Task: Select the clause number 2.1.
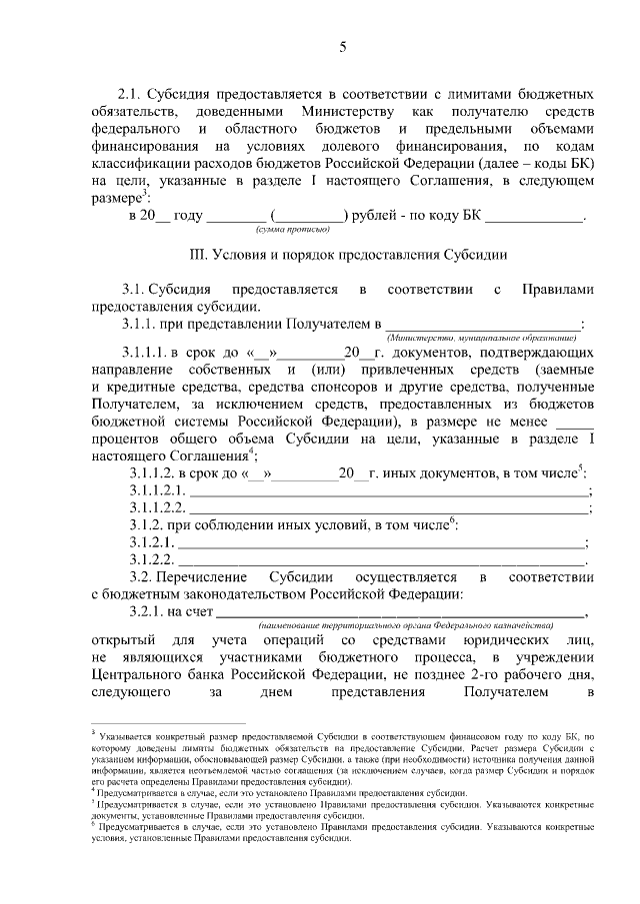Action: coord(133,91)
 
